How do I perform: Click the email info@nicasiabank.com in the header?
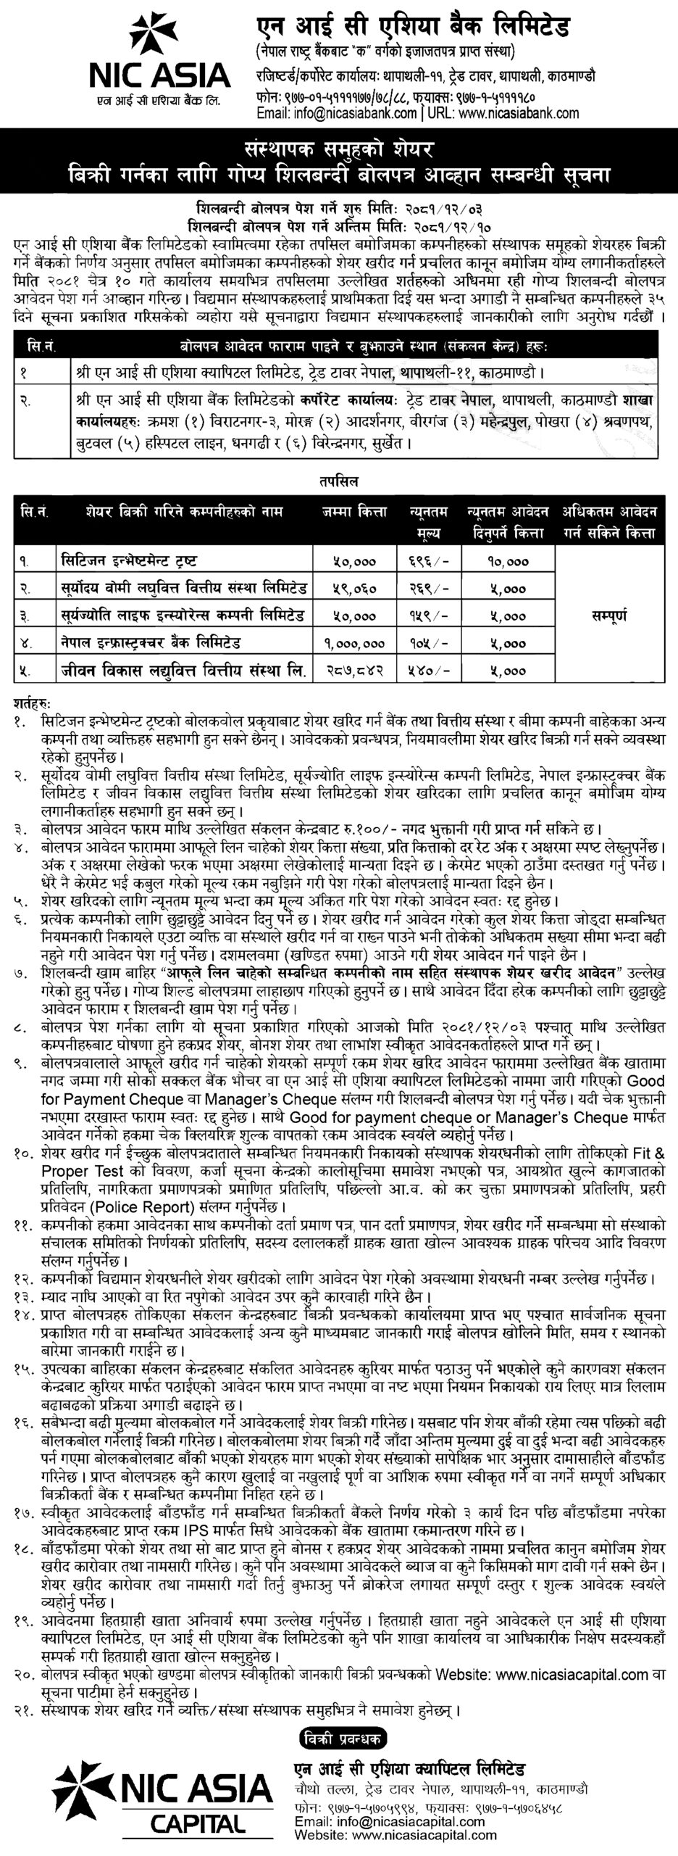click(337, 112)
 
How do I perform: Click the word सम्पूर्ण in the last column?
click(609, 616)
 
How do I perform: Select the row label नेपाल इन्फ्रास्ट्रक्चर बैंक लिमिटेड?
click(150, 642)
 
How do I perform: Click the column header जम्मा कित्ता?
click(351, 512)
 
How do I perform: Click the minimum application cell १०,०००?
click(508, 560)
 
